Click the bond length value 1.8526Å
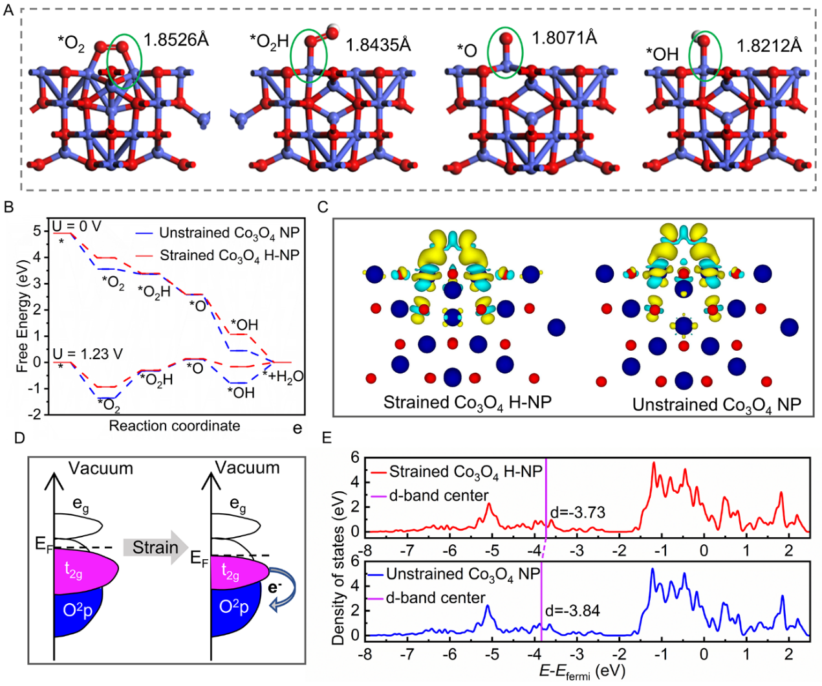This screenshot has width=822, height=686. pyautogui.click(x=176, y=40)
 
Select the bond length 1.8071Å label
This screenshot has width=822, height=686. pyautogui.click(x=564, y=38)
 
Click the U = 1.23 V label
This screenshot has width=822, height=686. pyautogui.click(x=88, y=354)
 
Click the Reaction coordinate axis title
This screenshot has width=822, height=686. pyautogui.click(x=174, y=426)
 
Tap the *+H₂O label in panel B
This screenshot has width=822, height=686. pyautogui.click(x=283, y=377)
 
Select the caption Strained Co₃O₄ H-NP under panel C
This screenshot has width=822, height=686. pyautogui.click(x=467, y=403)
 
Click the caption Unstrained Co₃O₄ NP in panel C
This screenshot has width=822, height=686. pyautogui.click(x=716, y=405)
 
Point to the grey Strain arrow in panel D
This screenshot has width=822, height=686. pyautogui.click(x=155, y=548)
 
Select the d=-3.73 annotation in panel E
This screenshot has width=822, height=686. pyautogui.click(x=578, y=513)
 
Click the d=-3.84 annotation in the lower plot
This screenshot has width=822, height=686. pyautogui.click(x=572, y=610)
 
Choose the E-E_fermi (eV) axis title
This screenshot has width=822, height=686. pyautogui.click(x=582, y=671)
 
